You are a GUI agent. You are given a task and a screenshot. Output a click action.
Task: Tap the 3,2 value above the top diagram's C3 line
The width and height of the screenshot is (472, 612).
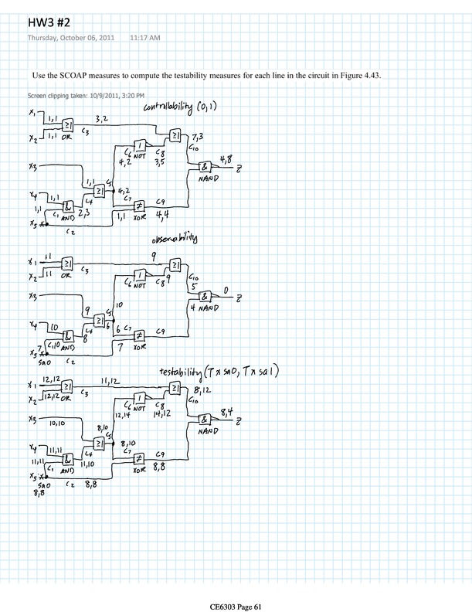[x=103, y=120]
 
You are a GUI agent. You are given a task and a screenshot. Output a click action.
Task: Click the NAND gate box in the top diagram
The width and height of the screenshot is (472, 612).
[x=204, y=168]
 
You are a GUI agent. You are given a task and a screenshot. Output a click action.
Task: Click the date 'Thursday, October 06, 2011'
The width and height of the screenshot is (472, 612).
[x=71, y=37]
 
